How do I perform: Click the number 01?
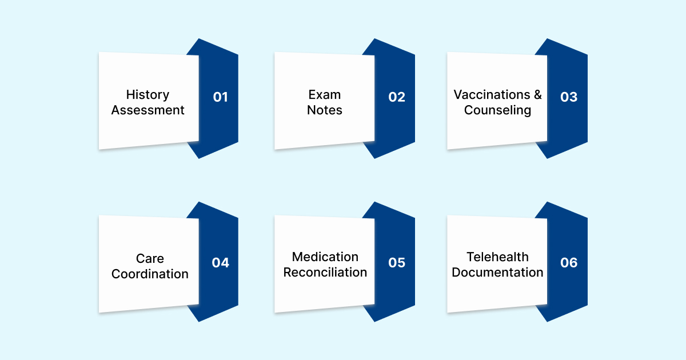coord(220,97)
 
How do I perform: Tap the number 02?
coord(397,97)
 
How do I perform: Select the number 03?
coord(569,97)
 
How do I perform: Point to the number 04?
coord(220,263)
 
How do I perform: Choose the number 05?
coord(397,263)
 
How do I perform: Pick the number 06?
coord(569,263)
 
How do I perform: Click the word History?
coord(148,95)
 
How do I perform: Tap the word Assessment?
coord(148,110)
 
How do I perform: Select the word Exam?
coord(324,95)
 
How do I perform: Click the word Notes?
coord(324,110)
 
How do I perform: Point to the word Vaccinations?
coord(492,95)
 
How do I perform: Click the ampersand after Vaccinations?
coord(537,95)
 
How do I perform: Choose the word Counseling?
coord(497,110)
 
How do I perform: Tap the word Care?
coord(150,259)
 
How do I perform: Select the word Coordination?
coord(150,274)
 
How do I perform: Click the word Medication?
coord(325,257)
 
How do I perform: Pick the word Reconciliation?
coord(325,273)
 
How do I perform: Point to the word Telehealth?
coord(497,257)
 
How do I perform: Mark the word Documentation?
coord(497,273)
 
